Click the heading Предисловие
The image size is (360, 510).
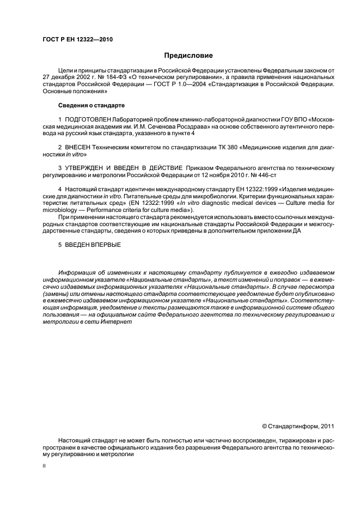(x=188, y=56)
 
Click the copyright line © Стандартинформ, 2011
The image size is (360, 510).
(x=298, y=426)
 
